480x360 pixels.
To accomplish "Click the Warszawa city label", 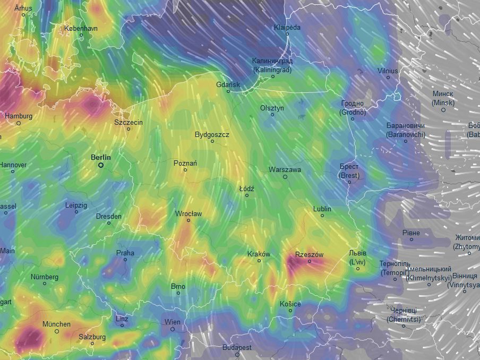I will (285, 170).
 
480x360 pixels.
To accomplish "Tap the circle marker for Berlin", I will (101, 165).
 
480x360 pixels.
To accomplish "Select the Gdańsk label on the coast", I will (228, 84).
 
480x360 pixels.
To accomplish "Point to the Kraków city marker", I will (259, 261).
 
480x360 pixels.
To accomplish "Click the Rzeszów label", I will (309, 255).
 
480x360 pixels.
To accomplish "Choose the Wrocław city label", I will (188, 213).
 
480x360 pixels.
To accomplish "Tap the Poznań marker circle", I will (185, 170).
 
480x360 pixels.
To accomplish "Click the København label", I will (81, 28).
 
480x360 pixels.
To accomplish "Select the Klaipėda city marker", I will (287, 34).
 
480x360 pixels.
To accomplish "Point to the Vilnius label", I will (388, 71).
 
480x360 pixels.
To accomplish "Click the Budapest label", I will (237, 348).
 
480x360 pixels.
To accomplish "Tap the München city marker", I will (57, 331).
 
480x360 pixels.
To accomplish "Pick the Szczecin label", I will (128, 122).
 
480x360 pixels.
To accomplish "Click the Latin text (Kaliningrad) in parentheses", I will (272, 69).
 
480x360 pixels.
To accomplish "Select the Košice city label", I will (290, 304).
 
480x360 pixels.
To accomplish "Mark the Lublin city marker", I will (322, 216).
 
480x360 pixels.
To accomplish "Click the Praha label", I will (125, 253).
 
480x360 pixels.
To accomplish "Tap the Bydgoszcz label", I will (212, 135).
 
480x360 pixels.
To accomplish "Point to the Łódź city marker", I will (247, 195).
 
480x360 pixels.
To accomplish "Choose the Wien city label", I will (172, 322).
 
